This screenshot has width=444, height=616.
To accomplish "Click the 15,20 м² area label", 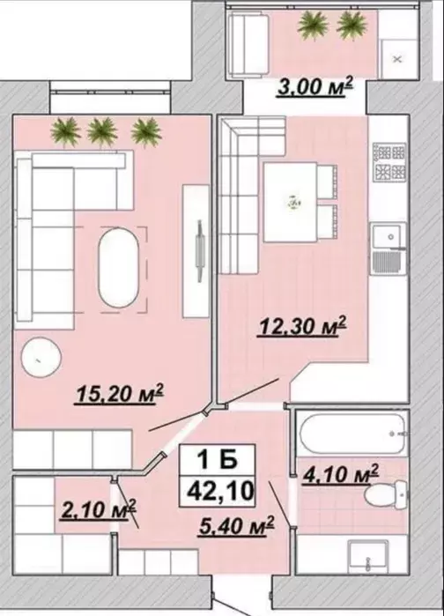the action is (x=119, y=393).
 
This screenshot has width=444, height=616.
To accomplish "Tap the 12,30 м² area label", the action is (x=302, y=326).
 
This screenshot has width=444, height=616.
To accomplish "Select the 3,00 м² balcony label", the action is (x=315, y=86).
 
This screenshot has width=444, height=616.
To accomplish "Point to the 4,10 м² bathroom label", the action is (x=340, y=473).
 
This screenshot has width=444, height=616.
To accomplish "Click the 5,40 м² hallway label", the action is (x=236, y=525).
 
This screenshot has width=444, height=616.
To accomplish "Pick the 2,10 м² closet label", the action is (x=99, y=509).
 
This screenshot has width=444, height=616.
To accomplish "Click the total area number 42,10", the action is (x=219, y=491).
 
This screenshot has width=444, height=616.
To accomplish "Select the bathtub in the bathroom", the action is (x=352, y=434).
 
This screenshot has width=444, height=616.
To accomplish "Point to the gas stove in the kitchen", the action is (x=390, y=162).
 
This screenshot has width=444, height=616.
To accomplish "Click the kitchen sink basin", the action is (x=387, y=236).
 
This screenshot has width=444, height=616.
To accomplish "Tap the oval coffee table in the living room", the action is (x=118, y=268).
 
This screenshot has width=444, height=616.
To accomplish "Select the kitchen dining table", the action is (x=291, y=203).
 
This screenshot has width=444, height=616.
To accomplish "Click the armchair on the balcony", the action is (x=248, y=44).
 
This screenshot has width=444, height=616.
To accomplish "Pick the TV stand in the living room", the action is (x=196, y=250).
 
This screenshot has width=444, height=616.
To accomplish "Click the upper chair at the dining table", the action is (x=328, y=181).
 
